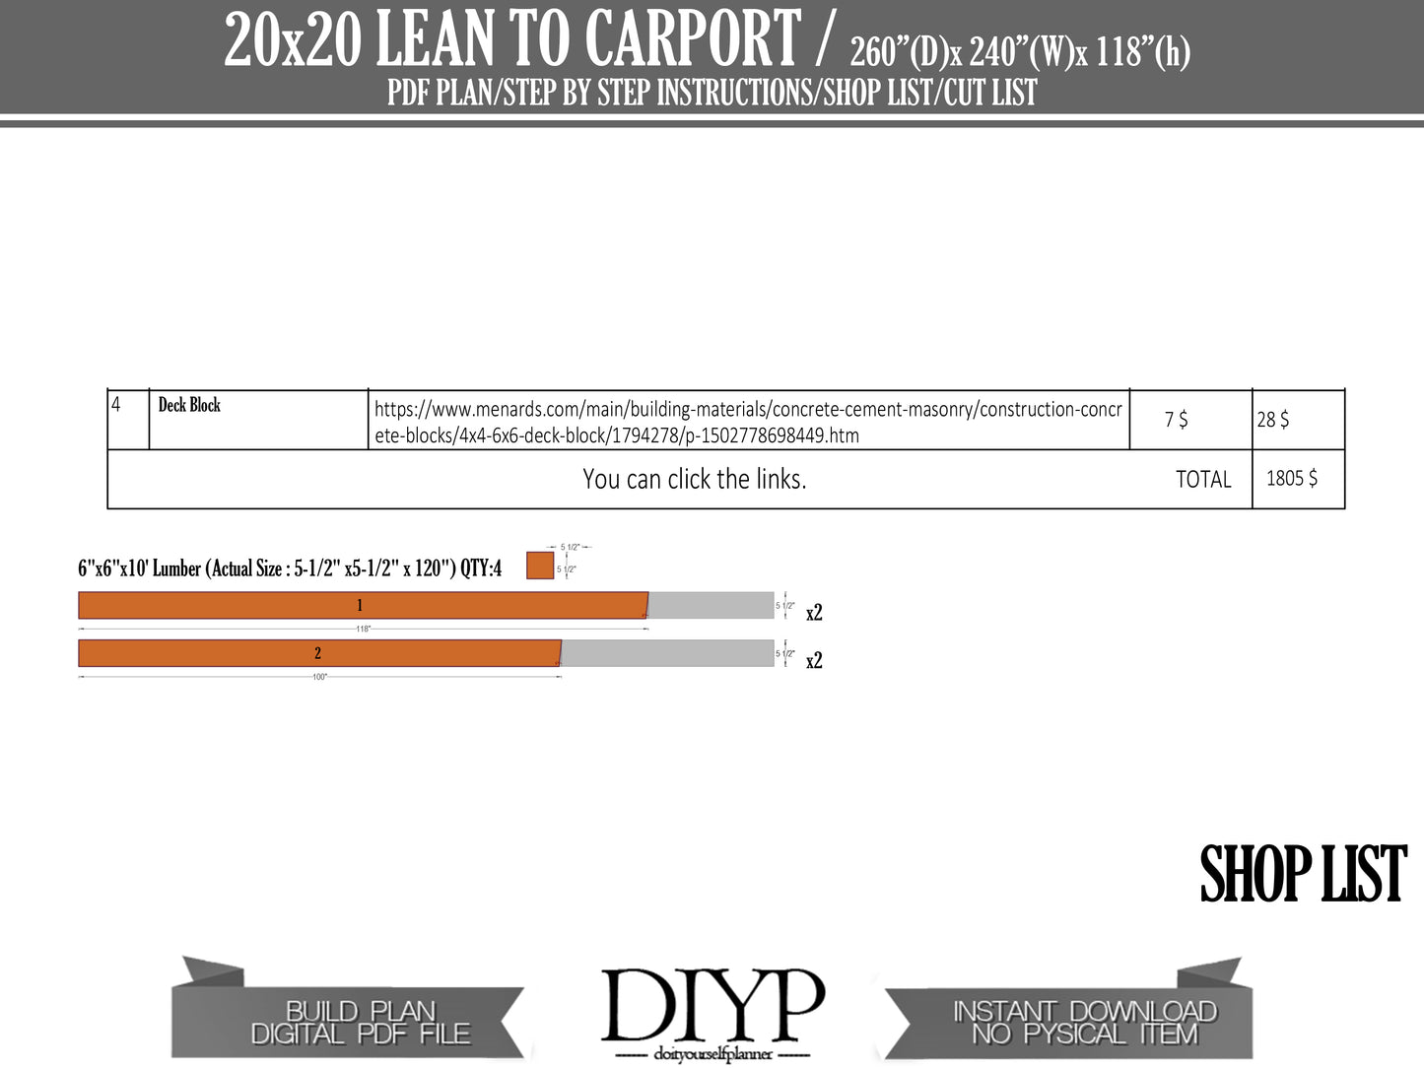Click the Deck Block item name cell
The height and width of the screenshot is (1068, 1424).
point(189,405)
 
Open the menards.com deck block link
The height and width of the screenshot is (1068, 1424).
point(747,422)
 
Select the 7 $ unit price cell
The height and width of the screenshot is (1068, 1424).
point(1176,420)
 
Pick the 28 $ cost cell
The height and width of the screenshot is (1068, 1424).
point(1273,420)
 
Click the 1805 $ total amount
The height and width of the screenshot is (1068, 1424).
point(1291,479)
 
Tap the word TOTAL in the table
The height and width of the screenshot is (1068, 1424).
point(1203,480)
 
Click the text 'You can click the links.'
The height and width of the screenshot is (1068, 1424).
point(694,480)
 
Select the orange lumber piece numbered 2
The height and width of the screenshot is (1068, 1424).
point(318,653)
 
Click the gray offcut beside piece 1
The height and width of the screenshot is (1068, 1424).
point(711,605)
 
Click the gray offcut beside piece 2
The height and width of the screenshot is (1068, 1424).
point(667,653)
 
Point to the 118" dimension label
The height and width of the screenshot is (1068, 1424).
point(364,629)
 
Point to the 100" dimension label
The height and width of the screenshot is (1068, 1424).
point(319,677)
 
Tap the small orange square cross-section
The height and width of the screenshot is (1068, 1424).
point(540,566)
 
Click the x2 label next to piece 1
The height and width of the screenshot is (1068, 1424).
point(814,613)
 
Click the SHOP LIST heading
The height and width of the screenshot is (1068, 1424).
point(1303,875)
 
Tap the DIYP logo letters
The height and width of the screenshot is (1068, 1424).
point(712,1005)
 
